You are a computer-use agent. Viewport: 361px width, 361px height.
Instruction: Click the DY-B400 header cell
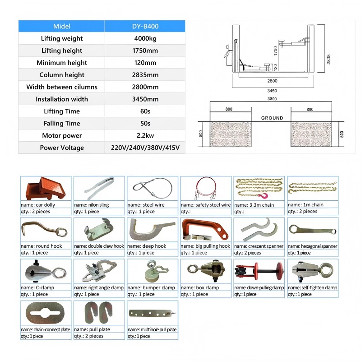click(145, 26)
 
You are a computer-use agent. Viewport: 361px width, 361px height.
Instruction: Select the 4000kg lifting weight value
click(145, 38)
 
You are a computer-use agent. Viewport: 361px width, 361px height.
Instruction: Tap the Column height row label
click(62, 75)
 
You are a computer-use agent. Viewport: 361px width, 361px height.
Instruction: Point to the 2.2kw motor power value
click(145, 136)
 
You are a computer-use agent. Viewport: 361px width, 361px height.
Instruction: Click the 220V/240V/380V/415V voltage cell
click(145, 148)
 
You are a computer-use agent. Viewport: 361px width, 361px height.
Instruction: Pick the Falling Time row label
click(62, 123)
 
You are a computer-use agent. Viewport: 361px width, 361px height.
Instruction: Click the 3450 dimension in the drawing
click(272, 91)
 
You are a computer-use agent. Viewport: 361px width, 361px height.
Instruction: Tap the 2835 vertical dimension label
click(329, 59)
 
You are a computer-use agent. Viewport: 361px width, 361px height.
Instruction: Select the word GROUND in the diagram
click(272, 118)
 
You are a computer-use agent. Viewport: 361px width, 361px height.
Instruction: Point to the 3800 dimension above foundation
click(272, 99)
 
